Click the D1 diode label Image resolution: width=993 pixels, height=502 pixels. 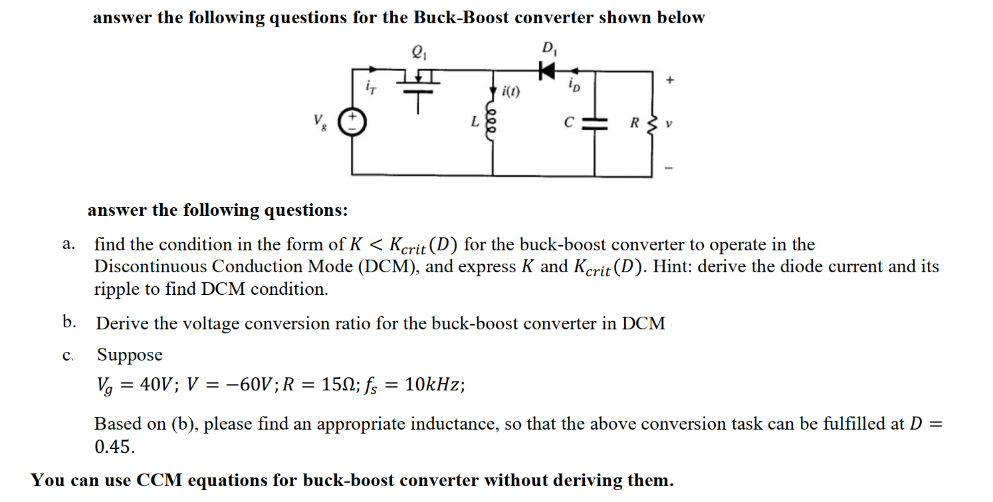click(x=549, y=48)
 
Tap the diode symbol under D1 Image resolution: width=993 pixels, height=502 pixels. click(x=546, y=69)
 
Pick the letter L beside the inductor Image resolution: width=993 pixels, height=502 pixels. click(x=475, y=122)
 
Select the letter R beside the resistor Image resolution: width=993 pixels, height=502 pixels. click(x=635, y=122)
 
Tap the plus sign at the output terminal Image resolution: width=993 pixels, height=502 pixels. click(x=671, y=80)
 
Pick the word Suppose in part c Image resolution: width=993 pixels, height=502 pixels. click(x=130, y=355)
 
